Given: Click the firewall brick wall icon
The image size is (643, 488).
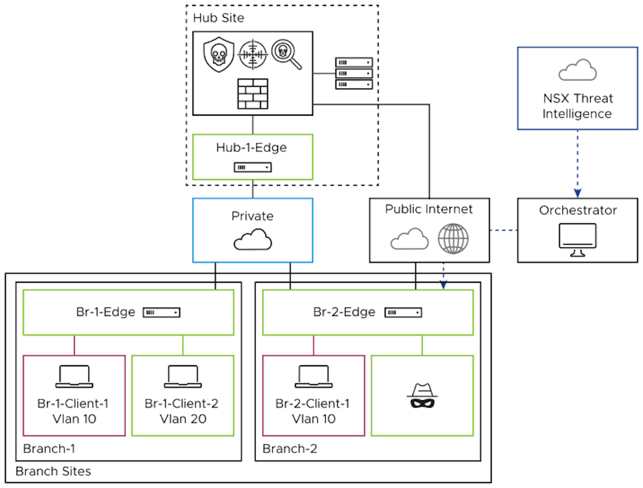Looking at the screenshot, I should (x=252, y=94).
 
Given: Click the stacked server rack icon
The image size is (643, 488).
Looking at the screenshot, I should (x=354, y=73).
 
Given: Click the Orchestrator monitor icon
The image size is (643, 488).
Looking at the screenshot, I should (x=578, y=237).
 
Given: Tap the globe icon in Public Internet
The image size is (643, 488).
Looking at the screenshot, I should (x=453, y=238).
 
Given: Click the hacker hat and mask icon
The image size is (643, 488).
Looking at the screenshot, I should (x=422, y=395).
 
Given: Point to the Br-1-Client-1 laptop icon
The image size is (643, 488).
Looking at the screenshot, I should (x=74, y=376).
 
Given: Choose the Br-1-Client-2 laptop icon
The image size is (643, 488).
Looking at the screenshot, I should (x=183, y=376).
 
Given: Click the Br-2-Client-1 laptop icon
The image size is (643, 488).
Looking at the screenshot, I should (x=314, y=376).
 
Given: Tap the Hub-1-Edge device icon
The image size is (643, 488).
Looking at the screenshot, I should (x=252, y=167).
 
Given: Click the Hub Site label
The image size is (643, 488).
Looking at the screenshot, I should (x=218, y=17).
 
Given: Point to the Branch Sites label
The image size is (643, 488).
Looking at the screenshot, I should (x=53, y=471).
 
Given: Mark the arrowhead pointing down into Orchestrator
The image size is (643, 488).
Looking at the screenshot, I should (x=578, y=192).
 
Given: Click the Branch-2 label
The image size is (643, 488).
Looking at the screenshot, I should (x=289, y=449).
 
